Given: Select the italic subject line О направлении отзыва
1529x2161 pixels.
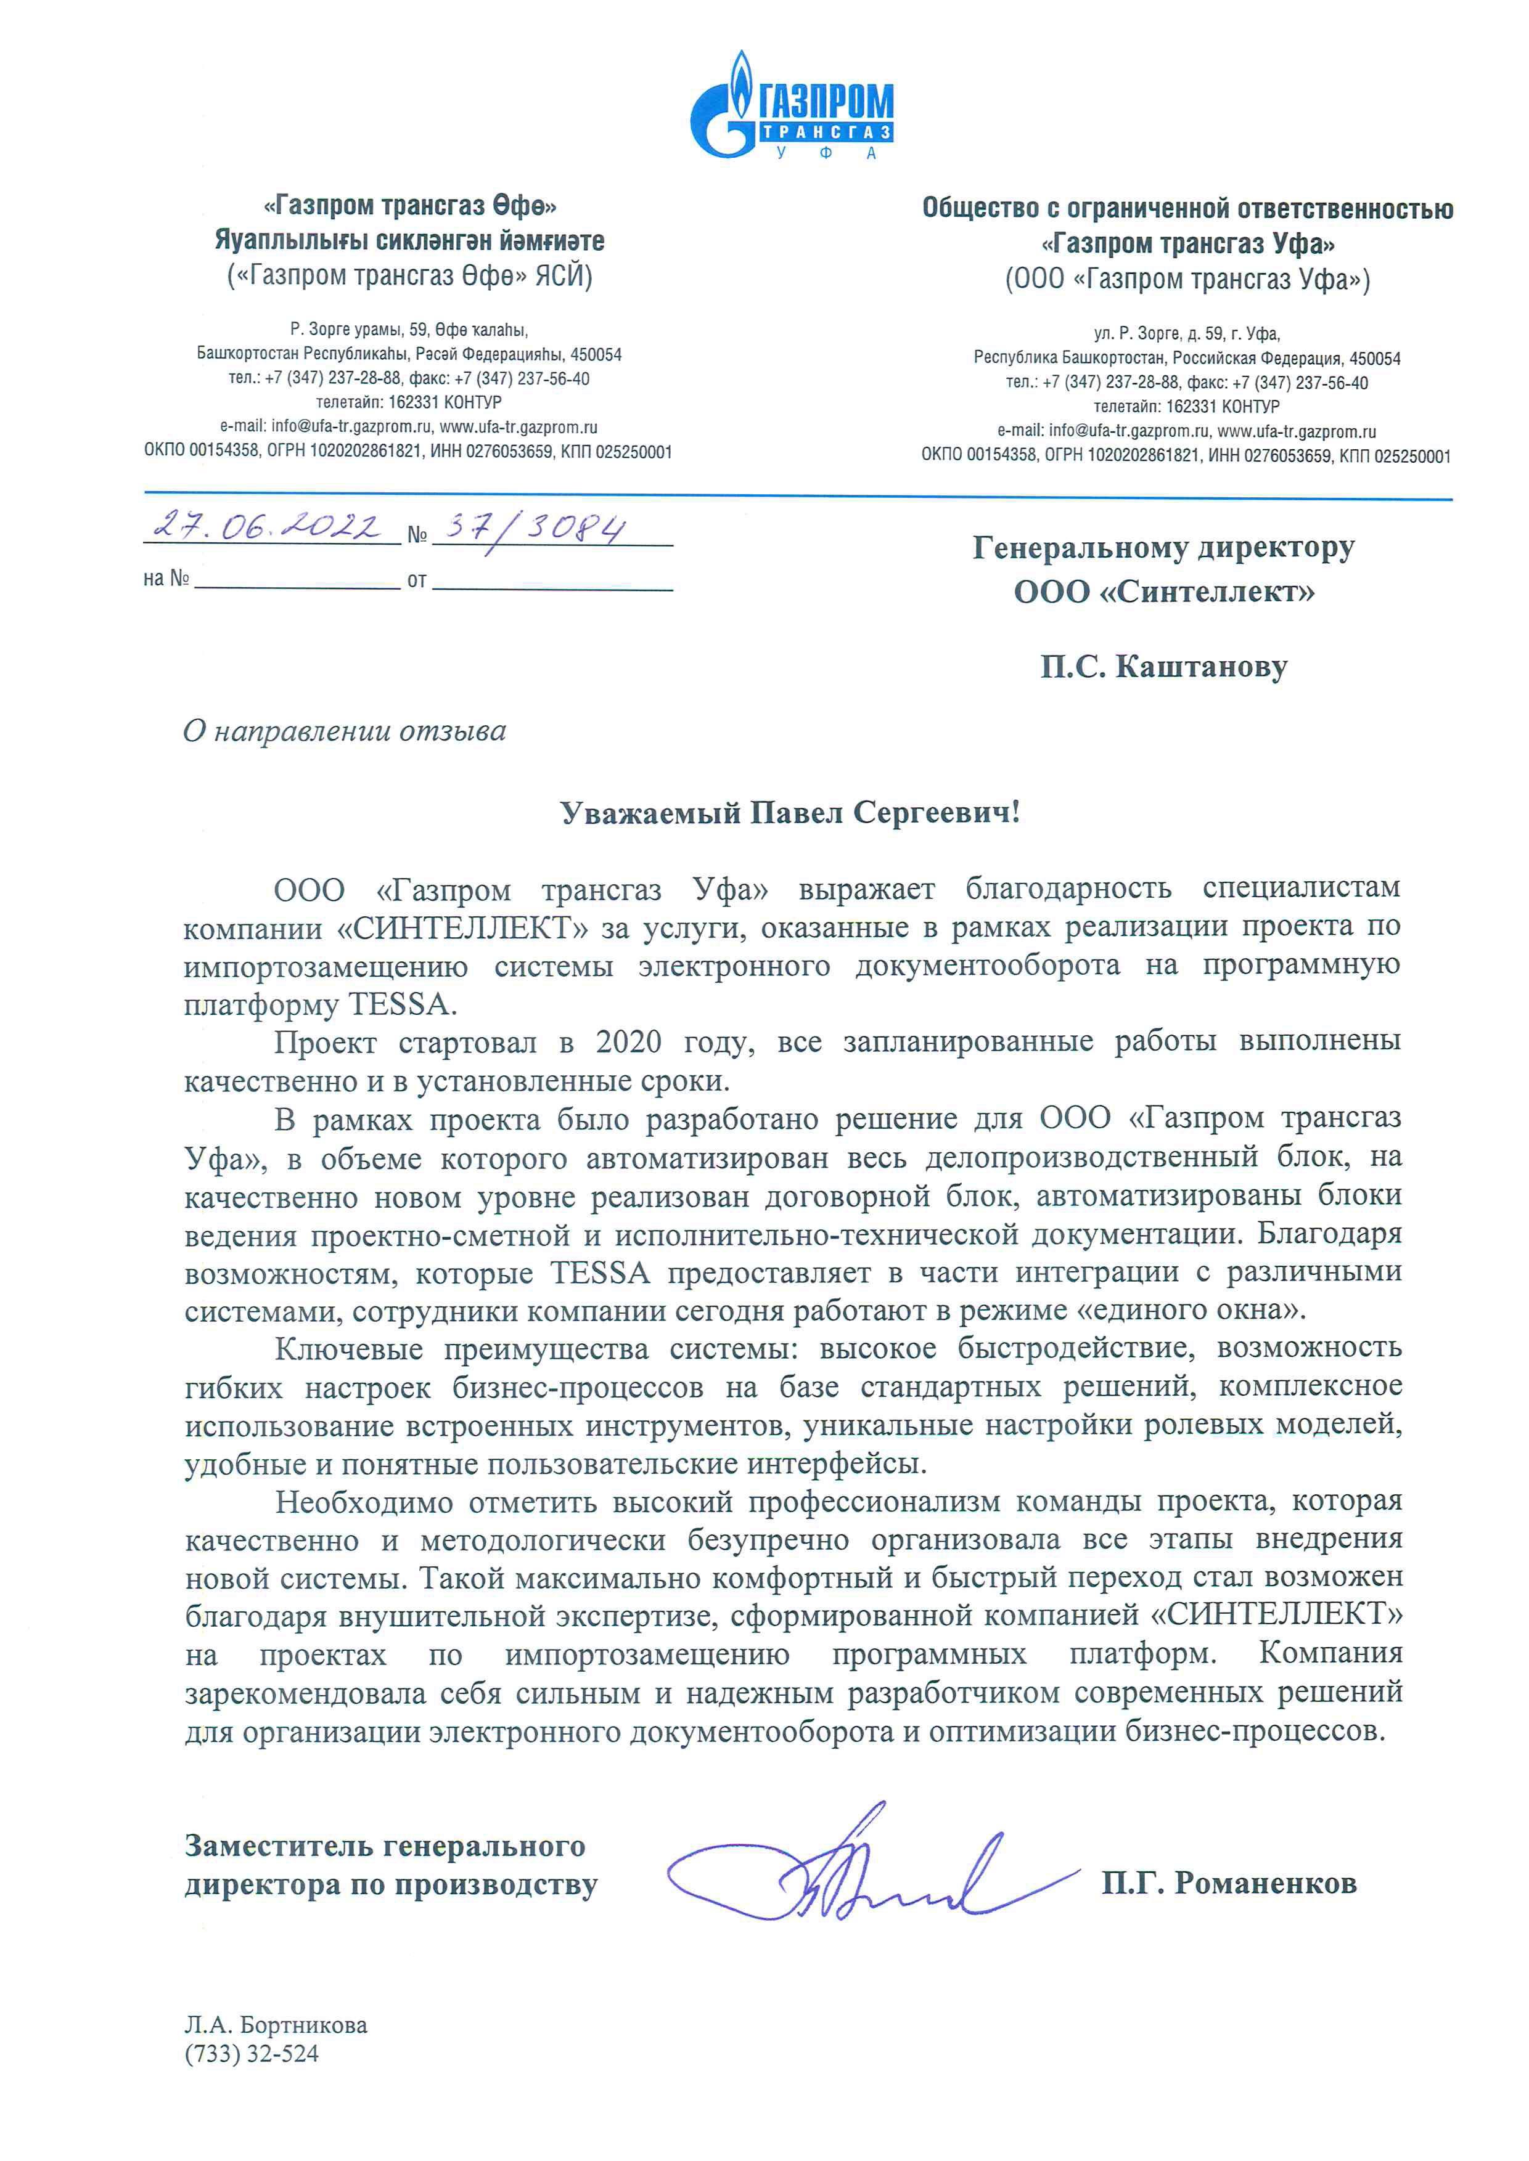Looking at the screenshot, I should point(345,731).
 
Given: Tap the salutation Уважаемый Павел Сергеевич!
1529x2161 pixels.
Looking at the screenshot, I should point(790,812).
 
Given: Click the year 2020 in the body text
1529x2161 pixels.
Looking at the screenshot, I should point(628,1042).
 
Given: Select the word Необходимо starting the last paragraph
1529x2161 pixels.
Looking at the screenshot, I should point(363,1503).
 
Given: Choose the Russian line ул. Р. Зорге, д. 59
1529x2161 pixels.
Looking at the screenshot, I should point(1186,334).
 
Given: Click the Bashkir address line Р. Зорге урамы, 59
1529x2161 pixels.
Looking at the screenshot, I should point(409,330).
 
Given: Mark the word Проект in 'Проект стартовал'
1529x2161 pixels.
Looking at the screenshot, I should point(325,1043).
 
